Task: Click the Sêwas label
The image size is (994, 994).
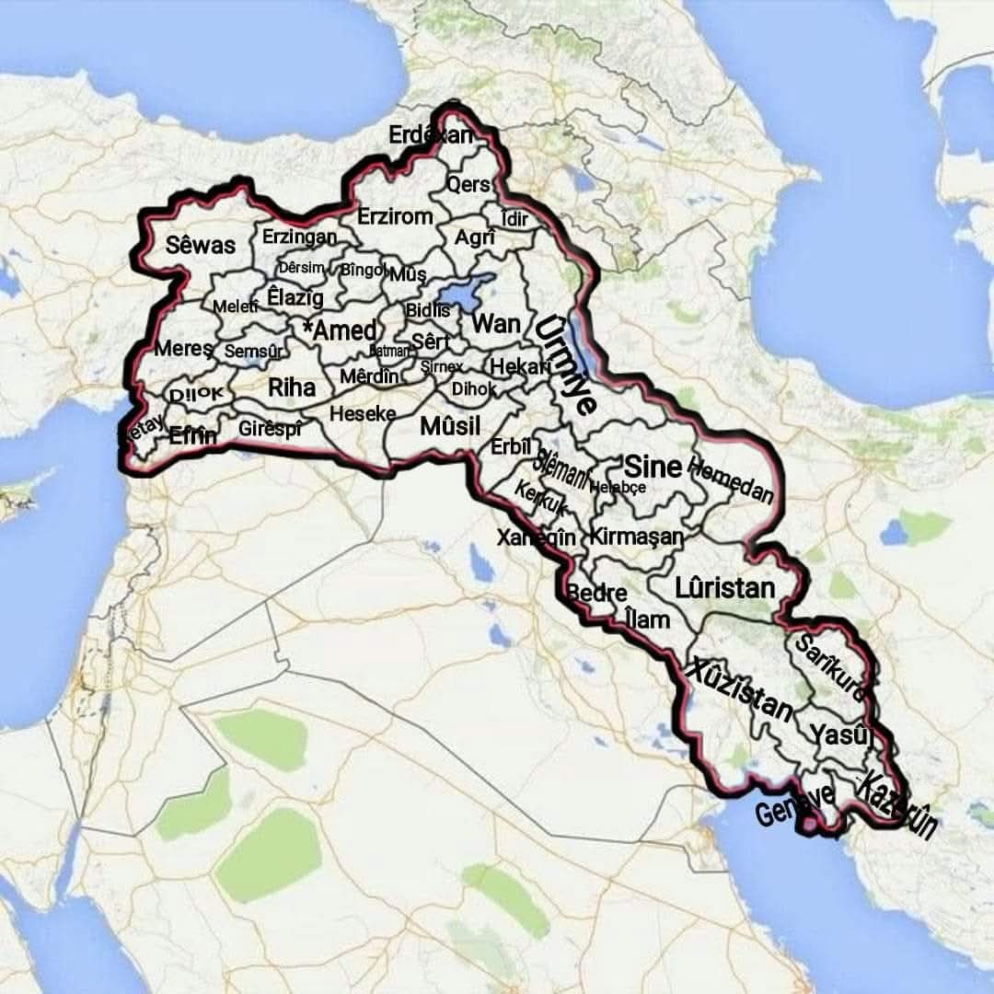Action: [201, 245]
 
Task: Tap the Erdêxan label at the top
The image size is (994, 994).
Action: [431, 134]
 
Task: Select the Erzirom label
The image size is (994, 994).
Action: [395, 217]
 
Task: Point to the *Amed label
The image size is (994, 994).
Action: [340, 330]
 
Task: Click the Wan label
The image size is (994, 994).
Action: [496, 323]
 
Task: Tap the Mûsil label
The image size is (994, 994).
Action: [450, 426]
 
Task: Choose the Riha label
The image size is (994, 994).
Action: [292, 387]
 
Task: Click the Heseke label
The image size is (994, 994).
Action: [363, 414]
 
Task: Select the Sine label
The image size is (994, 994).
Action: [653, 466]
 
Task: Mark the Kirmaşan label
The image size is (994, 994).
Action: [638, 536]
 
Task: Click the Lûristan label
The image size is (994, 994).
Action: [724, 587]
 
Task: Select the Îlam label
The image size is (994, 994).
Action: [647, 619]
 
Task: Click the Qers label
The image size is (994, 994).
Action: [468, 184]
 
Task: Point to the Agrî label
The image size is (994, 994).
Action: [476, 237]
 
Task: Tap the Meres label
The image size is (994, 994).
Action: [183, 349]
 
